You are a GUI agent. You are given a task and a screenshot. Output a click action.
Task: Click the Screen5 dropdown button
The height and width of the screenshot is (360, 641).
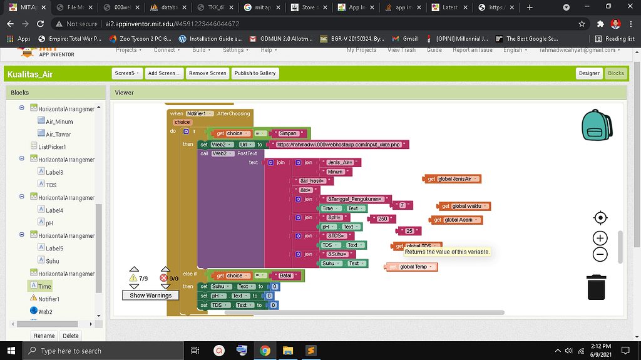pyautogui.click(x=128, y=73)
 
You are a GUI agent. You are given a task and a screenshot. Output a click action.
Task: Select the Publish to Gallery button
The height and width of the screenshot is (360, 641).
pyautogui.click(x=255, y=73)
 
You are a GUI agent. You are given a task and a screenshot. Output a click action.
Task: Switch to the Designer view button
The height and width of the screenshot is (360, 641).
pyautogui.click(x=588, y=73)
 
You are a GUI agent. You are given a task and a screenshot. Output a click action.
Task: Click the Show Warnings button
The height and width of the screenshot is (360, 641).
pyautogui.click(x=150, y=296)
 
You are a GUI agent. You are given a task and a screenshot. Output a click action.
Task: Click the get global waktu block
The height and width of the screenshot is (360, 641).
pyautogui.click(x=464, y=206)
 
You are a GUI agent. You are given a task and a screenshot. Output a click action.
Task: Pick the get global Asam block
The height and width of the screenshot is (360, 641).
pyautogui.click(x=456, y=220)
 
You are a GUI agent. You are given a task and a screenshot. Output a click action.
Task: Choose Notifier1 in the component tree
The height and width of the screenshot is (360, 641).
pyautogui.click(x=48, y=299)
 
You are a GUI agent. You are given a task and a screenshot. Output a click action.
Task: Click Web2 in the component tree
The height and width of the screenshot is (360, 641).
pyautogui.click(x=45, y=311)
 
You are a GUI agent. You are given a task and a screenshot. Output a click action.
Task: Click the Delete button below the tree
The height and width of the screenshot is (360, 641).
pyautogui.click(x=71, y=336)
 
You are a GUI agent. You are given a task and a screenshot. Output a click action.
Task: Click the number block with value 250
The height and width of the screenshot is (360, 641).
pyautogui.click(x=382, y=219)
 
